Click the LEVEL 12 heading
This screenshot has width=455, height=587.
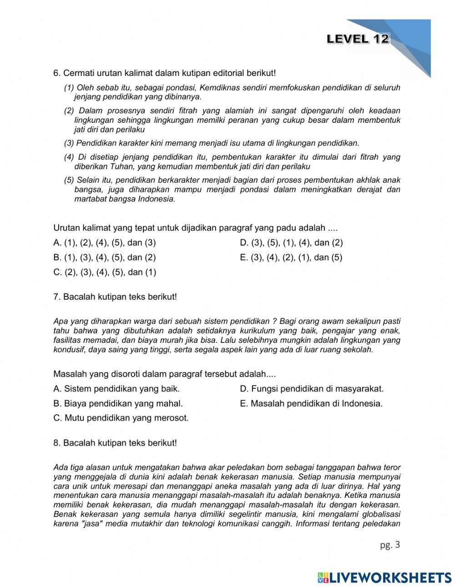(358, 39)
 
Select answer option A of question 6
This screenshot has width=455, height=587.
(104, 242)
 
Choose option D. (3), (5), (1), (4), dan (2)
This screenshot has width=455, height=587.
(291, 242)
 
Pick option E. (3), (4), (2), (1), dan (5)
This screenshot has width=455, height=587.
(291, 257)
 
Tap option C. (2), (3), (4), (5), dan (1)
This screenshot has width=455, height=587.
(105, 272)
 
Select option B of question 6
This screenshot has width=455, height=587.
(104, 257)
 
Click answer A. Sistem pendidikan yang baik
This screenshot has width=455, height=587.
(116, 389)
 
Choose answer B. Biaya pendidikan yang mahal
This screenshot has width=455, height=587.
(118, 403)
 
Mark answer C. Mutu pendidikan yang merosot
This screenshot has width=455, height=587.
(121, 418)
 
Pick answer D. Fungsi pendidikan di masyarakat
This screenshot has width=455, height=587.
(312, 389)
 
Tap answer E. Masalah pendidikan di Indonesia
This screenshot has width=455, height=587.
(311, 403)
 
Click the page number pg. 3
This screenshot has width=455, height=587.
(390, 545)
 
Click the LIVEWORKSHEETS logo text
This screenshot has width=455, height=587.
(390, 577)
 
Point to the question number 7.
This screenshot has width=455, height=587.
(57, 297)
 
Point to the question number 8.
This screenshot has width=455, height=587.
(57, 443)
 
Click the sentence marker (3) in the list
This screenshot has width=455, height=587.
(69, 143)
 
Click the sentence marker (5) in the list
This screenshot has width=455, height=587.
(69, 180)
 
